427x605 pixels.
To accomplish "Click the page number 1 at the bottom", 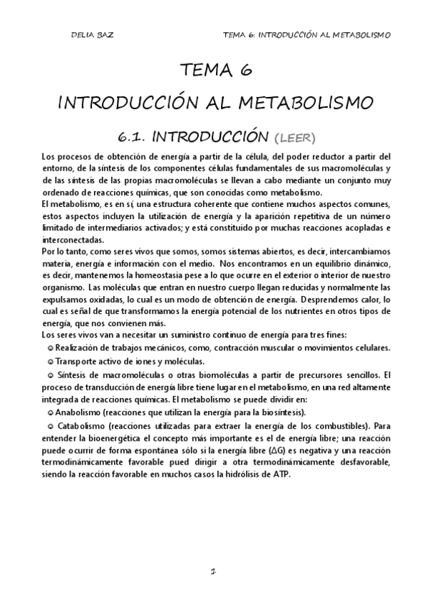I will (x=213, y=571).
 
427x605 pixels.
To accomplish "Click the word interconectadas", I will (x=72, y=240).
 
